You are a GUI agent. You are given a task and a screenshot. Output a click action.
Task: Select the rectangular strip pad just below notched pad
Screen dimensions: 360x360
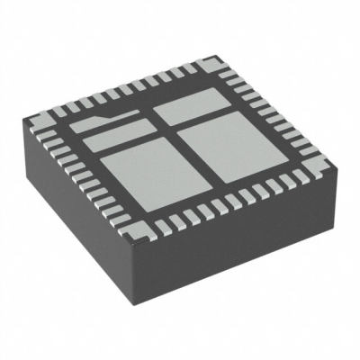click(x=126, y=139)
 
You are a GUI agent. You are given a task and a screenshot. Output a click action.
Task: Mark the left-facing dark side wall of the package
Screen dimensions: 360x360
click(x=81, y=225)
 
